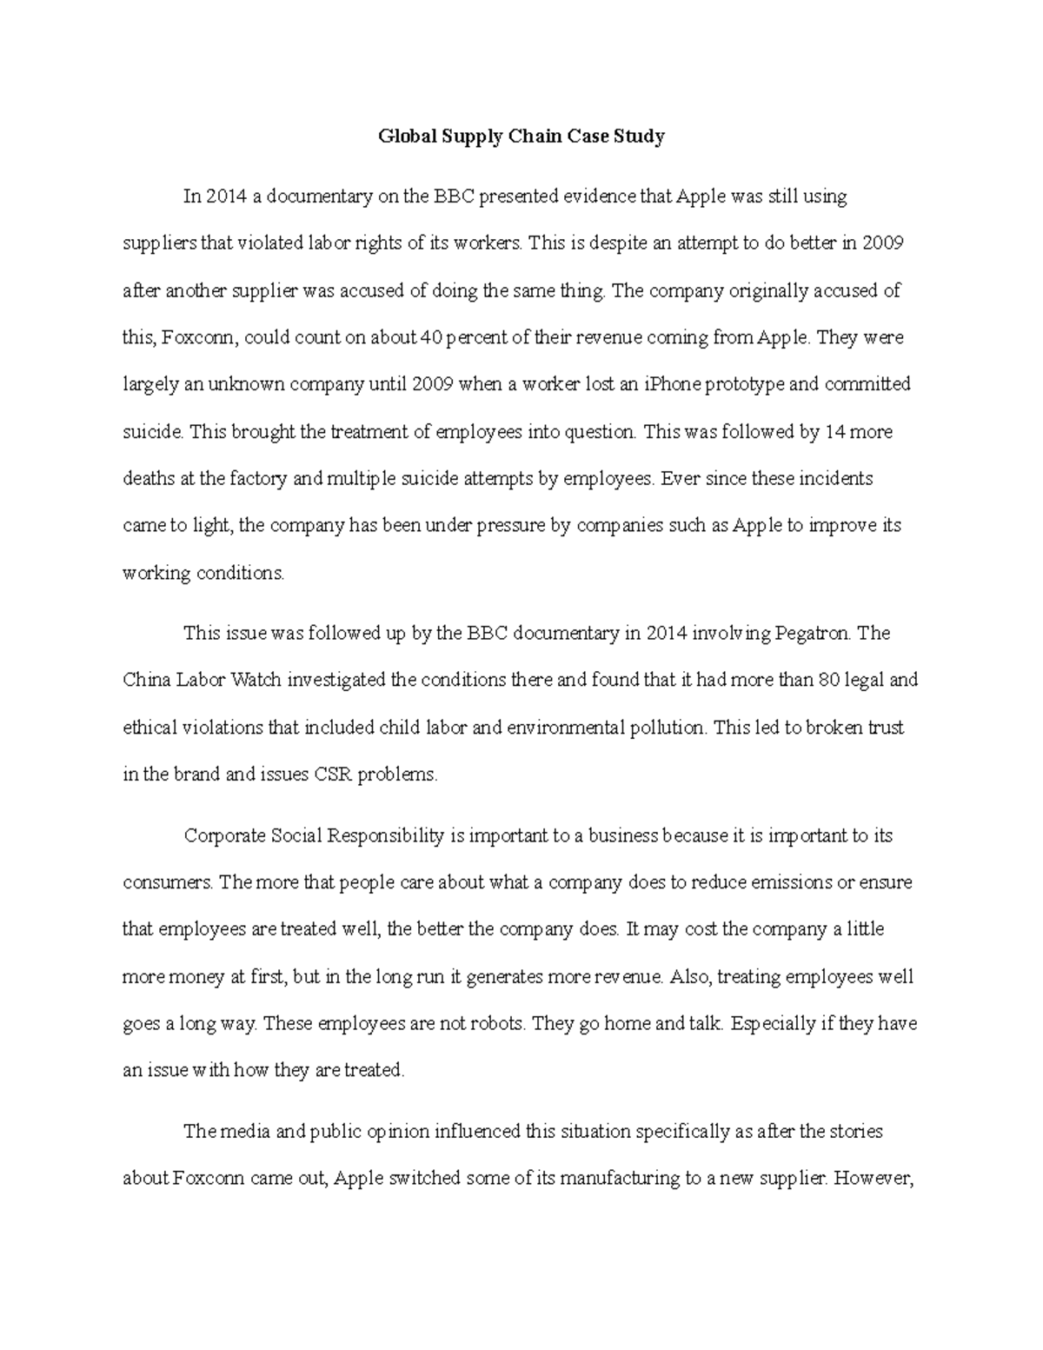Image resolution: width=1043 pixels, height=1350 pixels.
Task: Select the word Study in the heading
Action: [641, 136]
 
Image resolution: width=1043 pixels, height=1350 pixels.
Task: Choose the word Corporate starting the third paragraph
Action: [225, 836]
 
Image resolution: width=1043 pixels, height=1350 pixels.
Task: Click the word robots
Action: [491, 1023]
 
